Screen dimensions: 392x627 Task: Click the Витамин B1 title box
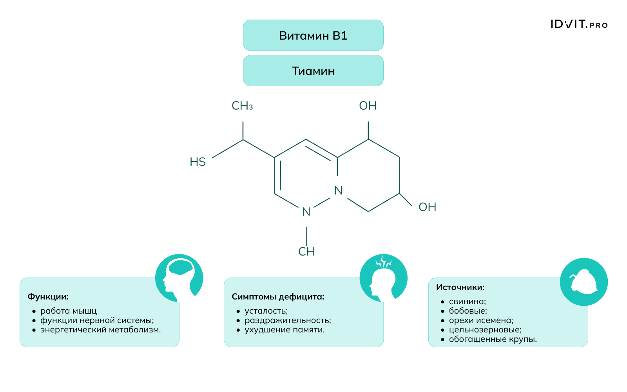[x=313, y=36]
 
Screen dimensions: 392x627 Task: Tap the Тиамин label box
[x=313, y=71]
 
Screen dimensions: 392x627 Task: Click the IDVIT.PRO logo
[x=579, y=24]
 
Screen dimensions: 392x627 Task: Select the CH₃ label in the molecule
[x=242, y=106]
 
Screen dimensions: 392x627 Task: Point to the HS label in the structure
[x=198, y=162]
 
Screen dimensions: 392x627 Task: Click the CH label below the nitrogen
[x=306, y=251]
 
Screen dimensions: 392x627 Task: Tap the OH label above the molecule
[x=368, y=106]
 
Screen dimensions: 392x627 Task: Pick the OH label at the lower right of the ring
[x=427, y=207]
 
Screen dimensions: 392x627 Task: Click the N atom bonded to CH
[x=306, y=212]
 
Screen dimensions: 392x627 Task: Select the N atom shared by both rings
[x=339, y=191]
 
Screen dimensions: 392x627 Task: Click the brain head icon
[x=179, y=278]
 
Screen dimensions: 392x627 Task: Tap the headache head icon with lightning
[x=383, y=278]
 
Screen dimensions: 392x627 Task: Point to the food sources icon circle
[x=584, y=281]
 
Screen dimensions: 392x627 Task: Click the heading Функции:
[x=48, y=297]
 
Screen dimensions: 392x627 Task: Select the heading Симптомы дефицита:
[x=278, y=297]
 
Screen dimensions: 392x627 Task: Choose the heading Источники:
[x=460, y=287]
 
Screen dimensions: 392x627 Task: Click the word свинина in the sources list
[x=467, y=301]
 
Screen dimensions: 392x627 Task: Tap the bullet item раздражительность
[x=288, y=320]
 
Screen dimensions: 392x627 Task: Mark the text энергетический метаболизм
[x=100, y=330]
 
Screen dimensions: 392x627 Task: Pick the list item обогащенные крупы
[x=493, y=339]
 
